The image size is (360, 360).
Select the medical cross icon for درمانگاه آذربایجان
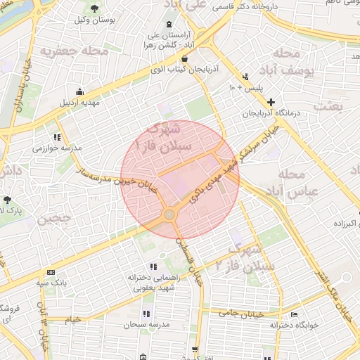(x=271, y=102)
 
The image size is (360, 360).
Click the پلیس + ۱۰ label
(x=244, y=88)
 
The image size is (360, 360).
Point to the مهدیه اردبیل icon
(x=79, y=92)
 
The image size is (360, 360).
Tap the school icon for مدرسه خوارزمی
(x=57, y=137)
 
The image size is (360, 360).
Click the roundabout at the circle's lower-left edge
(x=169, y=214)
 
